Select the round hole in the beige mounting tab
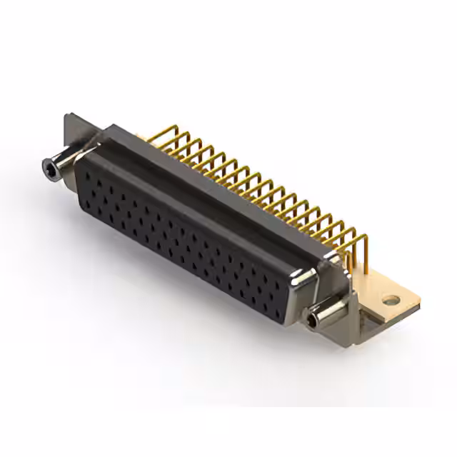tap(389, 301)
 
